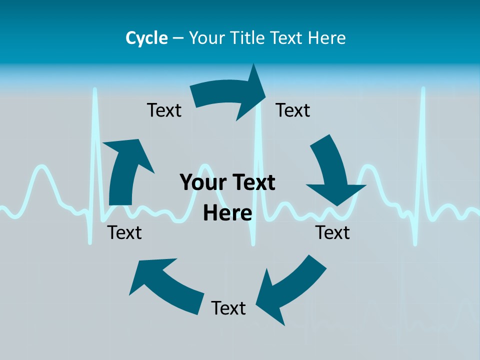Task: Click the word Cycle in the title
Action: (x=146, y=38)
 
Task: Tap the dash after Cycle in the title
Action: (x=178, y=38)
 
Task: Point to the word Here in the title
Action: (x=327, y=38)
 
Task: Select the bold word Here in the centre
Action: (x=227, y=213)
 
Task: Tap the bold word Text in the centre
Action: (x=253, y=183)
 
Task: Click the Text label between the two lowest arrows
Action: (x=228, y=308)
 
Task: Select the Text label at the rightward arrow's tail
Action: (x=164, y=110)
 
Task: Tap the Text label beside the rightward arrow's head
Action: (x=293, y=110)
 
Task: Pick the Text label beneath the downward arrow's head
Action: (x=332, y=232)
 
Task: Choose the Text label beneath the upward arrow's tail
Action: (x=124, y=232)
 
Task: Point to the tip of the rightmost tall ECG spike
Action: (x=423, y=89)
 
